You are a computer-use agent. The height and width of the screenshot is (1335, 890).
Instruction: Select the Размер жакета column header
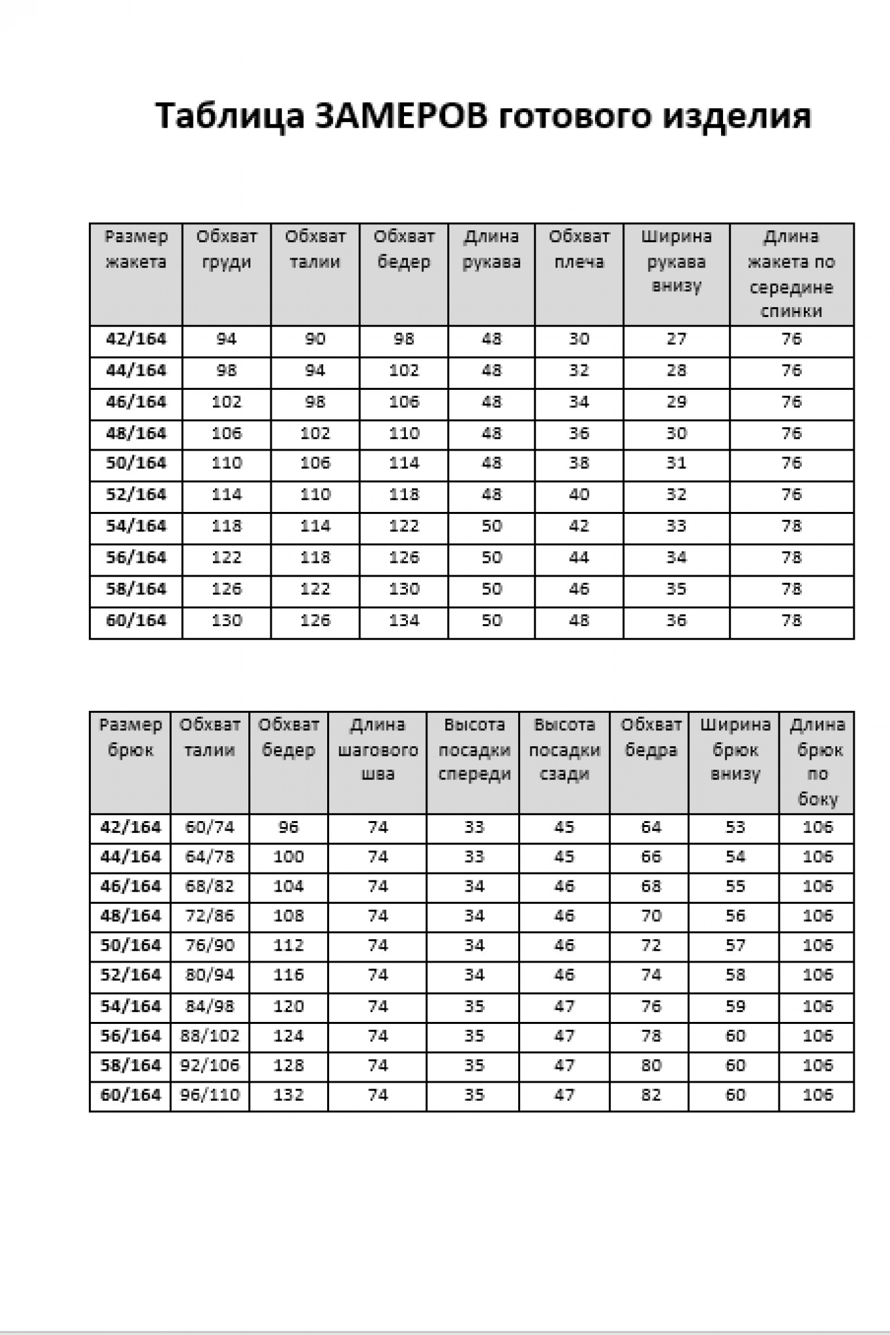point(136,250)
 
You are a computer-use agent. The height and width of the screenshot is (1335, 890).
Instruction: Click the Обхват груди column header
point(226,250)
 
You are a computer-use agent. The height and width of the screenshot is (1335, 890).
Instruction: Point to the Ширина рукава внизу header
point(676,261)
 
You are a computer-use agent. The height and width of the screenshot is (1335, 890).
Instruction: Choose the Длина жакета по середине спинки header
point(791,274)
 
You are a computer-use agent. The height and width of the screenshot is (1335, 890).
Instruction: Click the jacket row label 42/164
point(136,340)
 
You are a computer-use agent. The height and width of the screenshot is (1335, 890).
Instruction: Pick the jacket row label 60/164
point(136,621)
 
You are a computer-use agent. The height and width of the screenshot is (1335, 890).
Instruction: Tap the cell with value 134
point(404,621)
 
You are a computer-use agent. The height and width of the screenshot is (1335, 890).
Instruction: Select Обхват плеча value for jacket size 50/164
point(579,463)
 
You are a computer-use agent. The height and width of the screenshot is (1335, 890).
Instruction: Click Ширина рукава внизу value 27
point(676,340)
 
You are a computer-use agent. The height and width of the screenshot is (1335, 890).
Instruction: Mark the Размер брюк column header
point(130,738)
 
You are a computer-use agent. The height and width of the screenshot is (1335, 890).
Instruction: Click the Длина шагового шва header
point(377,750)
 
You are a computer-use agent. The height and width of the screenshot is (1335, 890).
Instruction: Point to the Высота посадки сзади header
point(564,750)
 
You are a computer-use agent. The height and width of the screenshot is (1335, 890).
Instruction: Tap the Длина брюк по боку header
point(817,762)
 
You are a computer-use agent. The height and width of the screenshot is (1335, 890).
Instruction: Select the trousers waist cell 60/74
point(210,828)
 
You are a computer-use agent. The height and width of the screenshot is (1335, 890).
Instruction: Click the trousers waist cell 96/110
point(210,1095)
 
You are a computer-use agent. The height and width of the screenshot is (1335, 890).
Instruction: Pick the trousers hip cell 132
point(288,1095)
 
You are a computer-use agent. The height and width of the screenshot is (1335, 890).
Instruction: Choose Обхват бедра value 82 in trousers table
point(650,1095)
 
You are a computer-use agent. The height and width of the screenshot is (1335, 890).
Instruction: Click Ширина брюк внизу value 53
point(734,828)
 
